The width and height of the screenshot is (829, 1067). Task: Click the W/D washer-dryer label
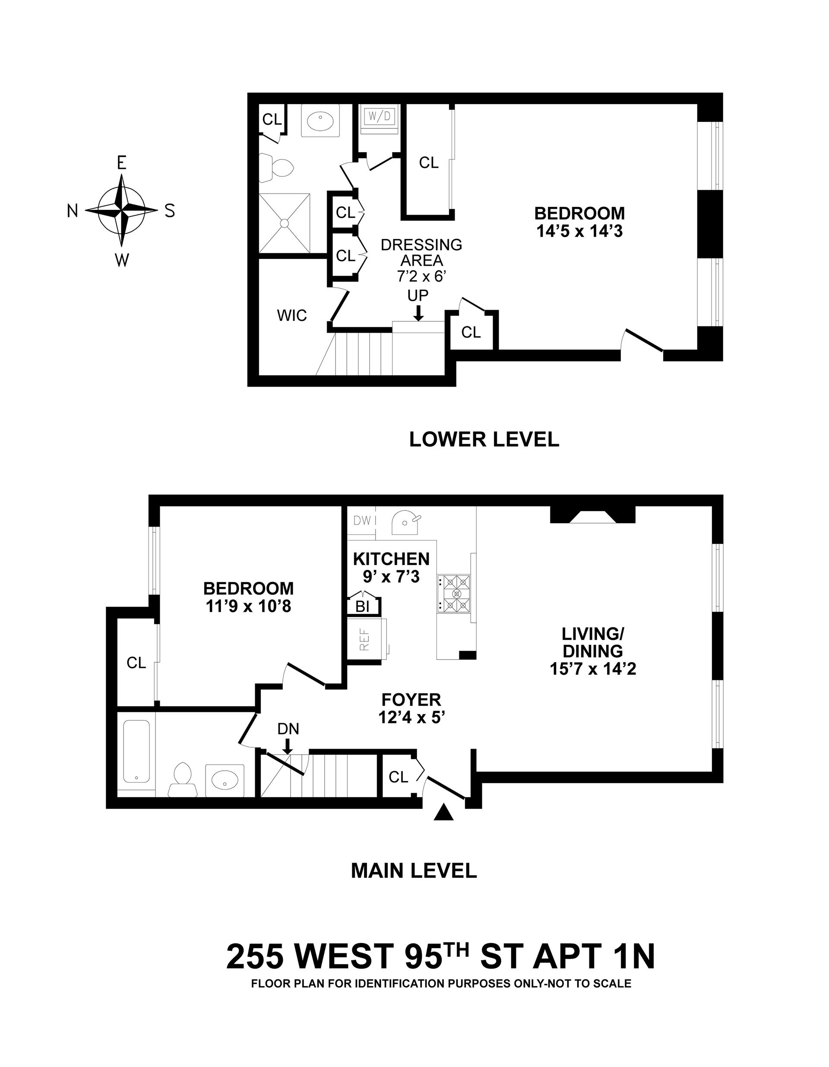[380, 116]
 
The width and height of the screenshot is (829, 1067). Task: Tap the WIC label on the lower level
[292, 316]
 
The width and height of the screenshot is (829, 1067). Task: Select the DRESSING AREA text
[421, 253]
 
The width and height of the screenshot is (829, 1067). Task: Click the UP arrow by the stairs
[418, 312]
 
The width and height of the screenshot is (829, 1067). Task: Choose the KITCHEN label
[391, 559]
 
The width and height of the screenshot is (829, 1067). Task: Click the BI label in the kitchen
[362, 607]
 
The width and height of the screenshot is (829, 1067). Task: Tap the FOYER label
[411, 700]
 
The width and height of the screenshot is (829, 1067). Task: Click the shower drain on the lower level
[285, 223]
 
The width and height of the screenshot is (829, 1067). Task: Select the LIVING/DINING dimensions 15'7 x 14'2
[593, 668]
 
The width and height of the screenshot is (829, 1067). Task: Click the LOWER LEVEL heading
[484, 440]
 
